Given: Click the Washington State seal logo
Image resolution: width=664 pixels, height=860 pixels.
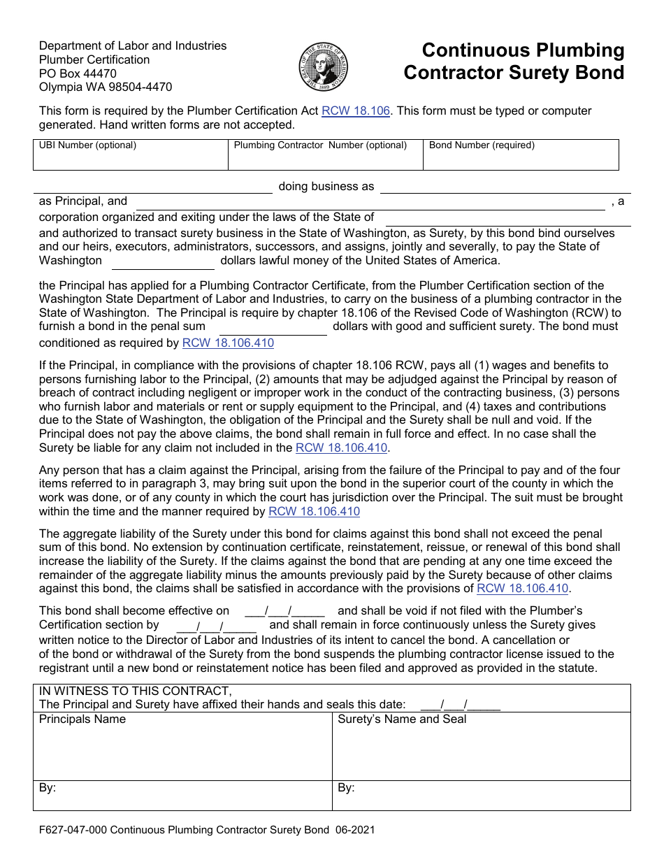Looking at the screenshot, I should coord(323,67).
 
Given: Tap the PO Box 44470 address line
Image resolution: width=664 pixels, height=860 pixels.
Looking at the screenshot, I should coord(78,73).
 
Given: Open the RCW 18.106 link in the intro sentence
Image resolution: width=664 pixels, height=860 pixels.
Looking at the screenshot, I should coord(355,110).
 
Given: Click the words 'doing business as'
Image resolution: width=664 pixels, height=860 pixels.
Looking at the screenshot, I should coord(326,187).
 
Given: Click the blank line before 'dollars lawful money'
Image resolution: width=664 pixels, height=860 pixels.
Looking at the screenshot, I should coord(163,261).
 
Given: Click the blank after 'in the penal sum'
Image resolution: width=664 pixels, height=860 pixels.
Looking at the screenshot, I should coord(273,327).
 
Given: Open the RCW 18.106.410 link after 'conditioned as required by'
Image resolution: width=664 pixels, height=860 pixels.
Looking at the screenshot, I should coord(228,343).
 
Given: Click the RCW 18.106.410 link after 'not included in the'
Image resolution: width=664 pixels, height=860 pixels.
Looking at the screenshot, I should coord(341,447).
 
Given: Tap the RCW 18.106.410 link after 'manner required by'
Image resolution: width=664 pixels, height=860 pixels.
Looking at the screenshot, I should coord(314,512).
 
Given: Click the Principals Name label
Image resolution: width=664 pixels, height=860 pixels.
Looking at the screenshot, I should coord(82,719).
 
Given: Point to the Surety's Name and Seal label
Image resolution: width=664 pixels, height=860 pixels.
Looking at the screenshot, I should coord(401,719).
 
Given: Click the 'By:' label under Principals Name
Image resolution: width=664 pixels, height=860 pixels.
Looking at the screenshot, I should coord(48,788).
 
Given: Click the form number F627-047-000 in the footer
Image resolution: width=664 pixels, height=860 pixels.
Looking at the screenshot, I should coord(73,831).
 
